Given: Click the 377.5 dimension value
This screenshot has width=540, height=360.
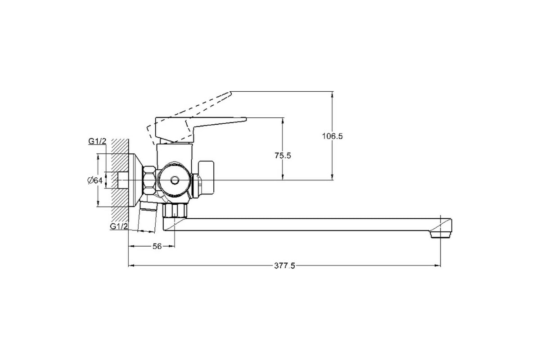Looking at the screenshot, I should [x=284, y=265].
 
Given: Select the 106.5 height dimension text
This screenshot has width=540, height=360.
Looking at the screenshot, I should [x=333, y=136].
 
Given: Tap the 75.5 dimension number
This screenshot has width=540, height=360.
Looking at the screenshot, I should [x=283, y=156].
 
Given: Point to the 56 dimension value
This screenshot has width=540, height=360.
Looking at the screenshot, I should [x=157, y=246].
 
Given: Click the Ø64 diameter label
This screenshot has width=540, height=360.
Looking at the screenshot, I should [x=95, y=180].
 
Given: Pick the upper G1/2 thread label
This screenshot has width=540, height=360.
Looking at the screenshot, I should [x=97, y=141].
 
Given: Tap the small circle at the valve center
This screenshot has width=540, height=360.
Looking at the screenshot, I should [x=174, y=181].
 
